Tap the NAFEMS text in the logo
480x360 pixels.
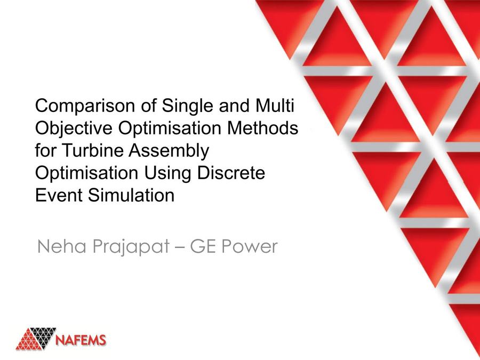[x=81, y=340]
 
